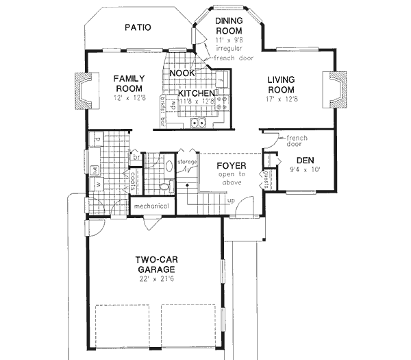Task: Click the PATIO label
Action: click(138, 28)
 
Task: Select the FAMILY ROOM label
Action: click(128, 84)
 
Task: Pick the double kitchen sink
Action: click(199, 123)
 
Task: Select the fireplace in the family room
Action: click(80, 90)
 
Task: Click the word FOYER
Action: click(227, 165)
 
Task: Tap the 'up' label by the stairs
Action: click(231, 200)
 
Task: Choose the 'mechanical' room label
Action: click(151, 206)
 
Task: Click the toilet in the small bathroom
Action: click(164, 186)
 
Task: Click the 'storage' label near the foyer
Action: click(187, 162)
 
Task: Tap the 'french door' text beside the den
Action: click(297, 141)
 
